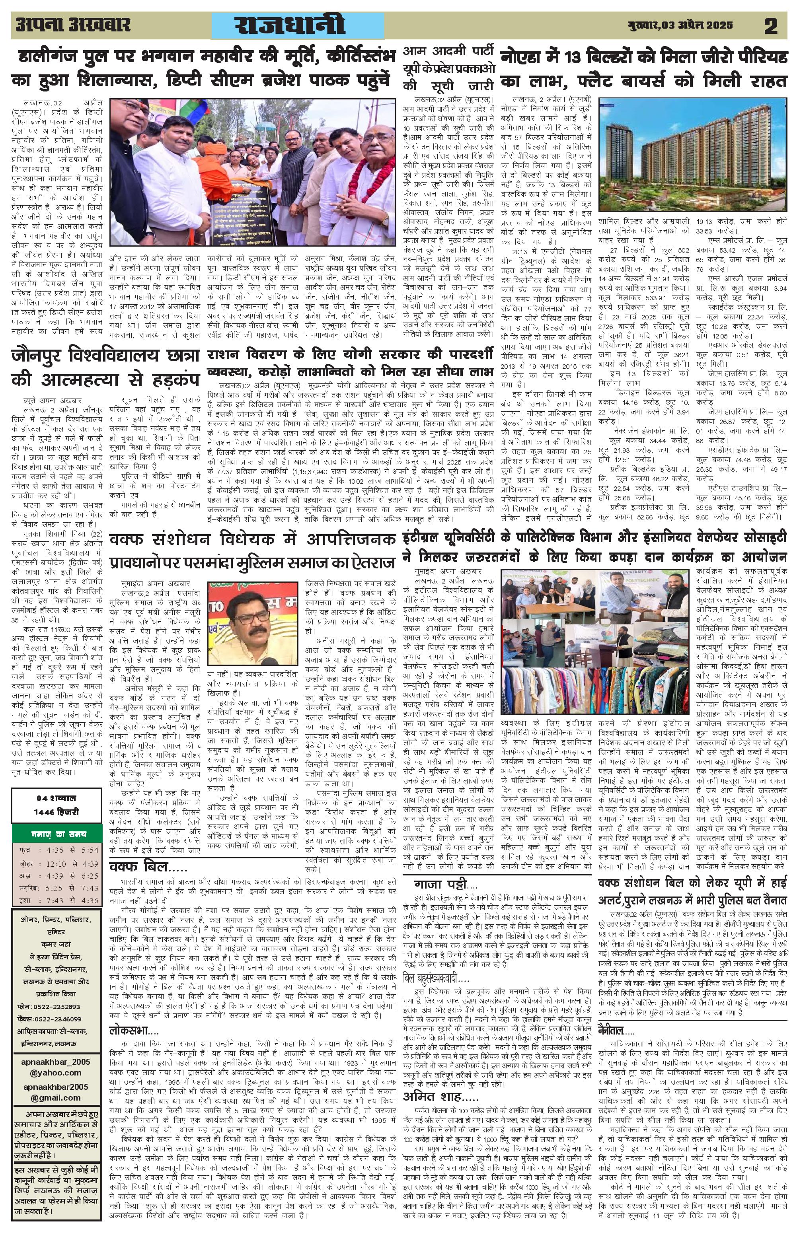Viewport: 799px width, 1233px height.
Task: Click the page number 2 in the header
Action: [770, 26]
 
